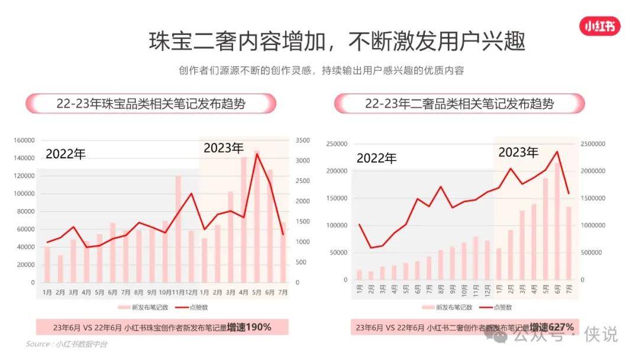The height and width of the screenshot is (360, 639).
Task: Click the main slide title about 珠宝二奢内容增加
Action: tap(337, 42)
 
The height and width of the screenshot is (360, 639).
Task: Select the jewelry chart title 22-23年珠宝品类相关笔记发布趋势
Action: tap(151, 104)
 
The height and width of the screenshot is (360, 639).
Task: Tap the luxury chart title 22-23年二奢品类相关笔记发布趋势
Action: tap(459, 104)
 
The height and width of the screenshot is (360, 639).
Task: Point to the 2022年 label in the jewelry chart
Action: tap(66, 154)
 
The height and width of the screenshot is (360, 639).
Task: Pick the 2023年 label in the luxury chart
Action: tap(518, 152)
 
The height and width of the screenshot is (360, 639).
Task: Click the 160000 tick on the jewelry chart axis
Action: tap(24, 140)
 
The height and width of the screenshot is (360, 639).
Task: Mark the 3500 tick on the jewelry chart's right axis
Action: tap(302, 140)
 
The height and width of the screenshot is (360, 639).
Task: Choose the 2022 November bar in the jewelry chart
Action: tap(178, 229)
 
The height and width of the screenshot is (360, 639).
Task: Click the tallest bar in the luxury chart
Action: tap(556, 221)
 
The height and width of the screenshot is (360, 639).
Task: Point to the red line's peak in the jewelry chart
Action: tap(257, 154)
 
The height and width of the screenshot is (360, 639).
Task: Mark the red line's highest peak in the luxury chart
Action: tap(556, 152)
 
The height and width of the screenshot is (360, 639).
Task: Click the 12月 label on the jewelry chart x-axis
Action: tap(191, 292)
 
